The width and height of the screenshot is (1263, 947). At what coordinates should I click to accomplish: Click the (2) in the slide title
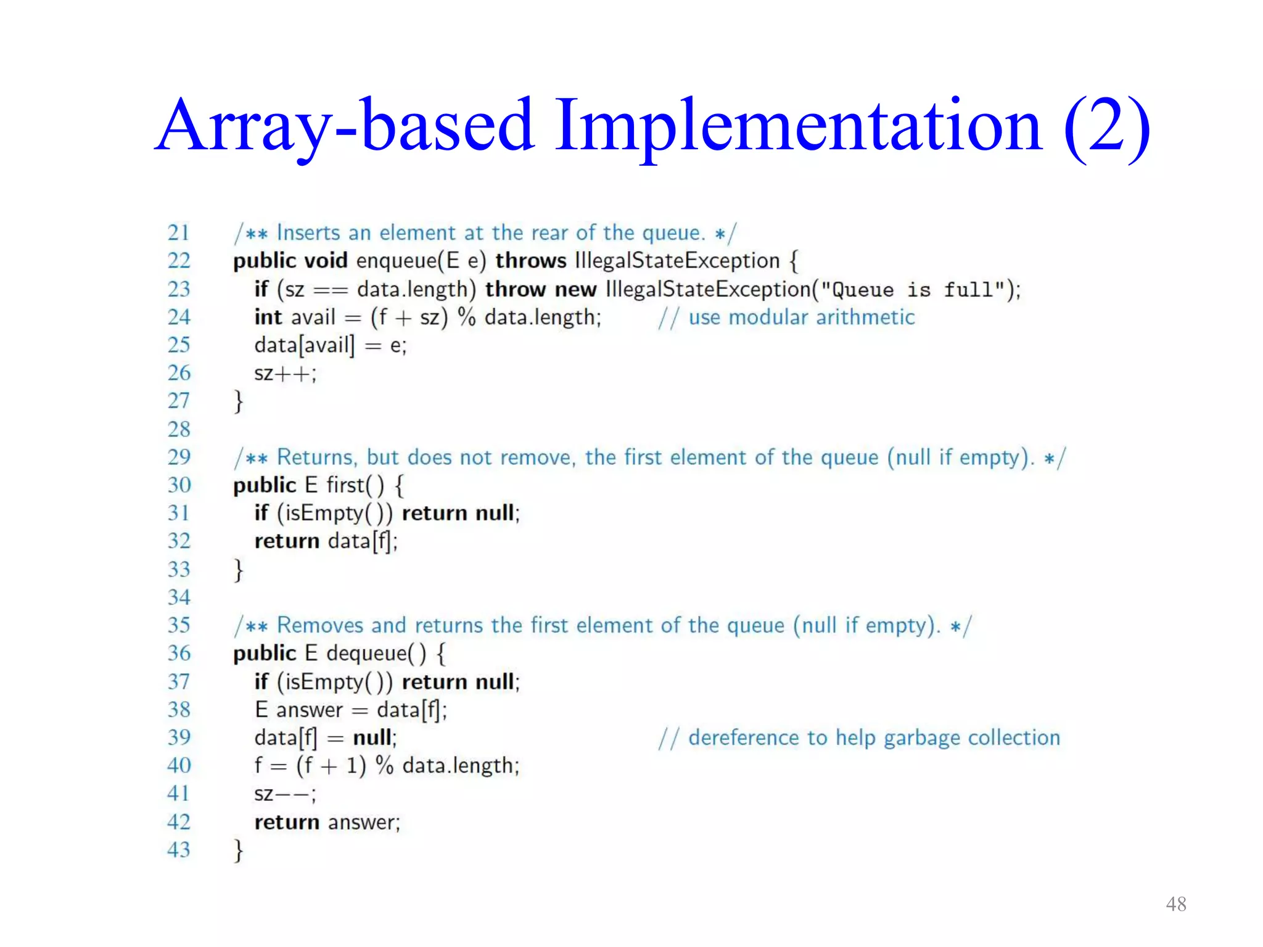1106,126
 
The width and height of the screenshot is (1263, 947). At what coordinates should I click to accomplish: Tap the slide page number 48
1175,904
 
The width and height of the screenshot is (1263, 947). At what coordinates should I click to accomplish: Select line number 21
178,232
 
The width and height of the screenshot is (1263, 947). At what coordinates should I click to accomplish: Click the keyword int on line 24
268,317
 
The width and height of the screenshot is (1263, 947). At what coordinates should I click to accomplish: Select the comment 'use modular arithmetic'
801,317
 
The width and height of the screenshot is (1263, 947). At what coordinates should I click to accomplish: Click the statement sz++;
285,373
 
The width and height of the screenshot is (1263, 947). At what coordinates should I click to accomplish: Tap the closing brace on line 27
238,401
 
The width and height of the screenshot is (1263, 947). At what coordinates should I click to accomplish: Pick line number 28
178,429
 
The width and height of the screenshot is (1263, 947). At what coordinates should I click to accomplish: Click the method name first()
355,485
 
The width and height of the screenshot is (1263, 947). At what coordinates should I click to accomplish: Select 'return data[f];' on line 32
326,541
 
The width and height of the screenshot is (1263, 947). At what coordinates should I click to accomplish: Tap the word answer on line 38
309,710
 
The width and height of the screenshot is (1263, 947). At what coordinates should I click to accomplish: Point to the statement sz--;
285,794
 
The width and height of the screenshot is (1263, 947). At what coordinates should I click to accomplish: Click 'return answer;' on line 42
327,822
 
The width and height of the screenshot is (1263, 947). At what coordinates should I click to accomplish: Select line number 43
178,850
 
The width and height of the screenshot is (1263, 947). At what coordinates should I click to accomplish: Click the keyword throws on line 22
530,261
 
